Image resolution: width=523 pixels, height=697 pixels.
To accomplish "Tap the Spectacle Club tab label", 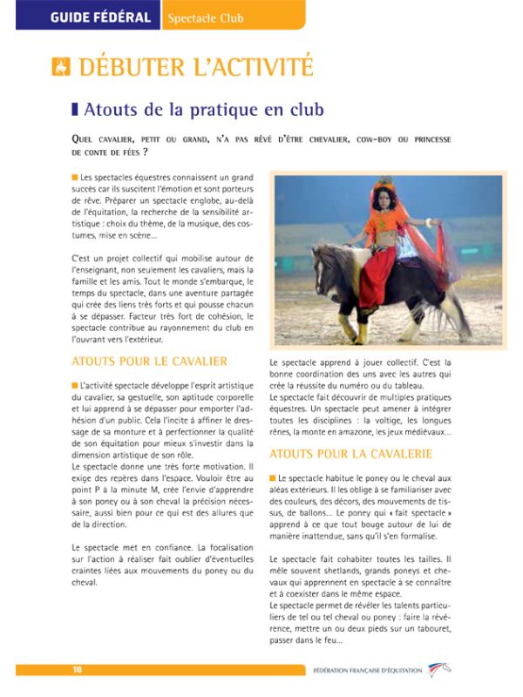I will click(206, 17).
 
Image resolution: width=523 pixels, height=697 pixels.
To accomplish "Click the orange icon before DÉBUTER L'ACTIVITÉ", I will click(60, 66).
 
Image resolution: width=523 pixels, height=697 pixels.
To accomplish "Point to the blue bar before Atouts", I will click(75, 110).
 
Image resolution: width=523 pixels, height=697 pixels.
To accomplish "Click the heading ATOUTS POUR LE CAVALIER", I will click(149, 361).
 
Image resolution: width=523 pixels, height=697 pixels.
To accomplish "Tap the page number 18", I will click(78, 669).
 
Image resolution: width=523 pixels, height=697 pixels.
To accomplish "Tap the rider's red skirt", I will click(394, 261).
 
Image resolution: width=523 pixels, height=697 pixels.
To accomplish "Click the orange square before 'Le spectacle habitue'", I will click(273, 478).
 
